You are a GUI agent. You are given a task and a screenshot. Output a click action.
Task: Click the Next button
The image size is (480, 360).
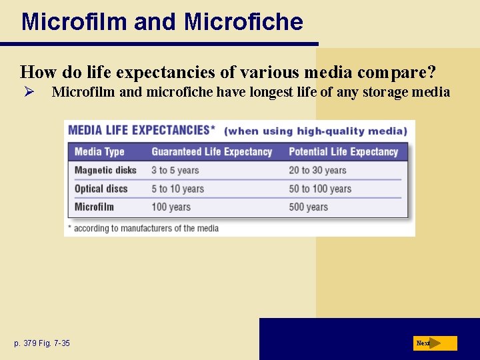click(435, 343)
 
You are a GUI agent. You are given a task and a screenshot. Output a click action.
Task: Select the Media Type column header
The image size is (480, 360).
click(99, 152)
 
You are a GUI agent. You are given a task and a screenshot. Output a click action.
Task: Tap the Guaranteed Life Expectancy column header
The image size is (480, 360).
click(211, 152)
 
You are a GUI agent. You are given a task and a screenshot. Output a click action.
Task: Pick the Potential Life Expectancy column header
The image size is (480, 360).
click(343, 152)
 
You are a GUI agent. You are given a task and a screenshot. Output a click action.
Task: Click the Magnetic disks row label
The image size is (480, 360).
click(105, 171)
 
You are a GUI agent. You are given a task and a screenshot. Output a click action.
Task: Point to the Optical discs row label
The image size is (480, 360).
click(101, 189)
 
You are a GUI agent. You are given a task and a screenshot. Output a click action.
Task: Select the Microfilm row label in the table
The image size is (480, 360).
click(94, 207)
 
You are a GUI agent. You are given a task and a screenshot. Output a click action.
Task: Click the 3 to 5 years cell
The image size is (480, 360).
click(175, 171)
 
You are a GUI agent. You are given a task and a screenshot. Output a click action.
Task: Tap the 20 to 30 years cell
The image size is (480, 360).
click(317, 171)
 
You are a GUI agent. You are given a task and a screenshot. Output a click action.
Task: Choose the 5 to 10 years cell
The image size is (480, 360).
click(177, 189)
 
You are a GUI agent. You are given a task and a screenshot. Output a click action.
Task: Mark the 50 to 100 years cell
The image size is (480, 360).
click(319, 189)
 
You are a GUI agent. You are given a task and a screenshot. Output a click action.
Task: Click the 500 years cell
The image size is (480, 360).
click(308, 207)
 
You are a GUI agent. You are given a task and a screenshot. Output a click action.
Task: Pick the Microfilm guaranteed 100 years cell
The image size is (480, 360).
click(171, 207)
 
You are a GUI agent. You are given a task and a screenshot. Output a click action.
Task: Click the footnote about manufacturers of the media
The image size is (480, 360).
click(143, 228)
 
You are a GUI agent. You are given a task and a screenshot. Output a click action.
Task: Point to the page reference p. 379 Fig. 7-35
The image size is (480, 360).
click(42, 343)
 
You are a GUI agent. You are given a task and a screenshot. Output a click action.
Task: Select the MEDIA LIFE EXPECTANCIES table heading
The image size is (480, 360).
click(141, 130)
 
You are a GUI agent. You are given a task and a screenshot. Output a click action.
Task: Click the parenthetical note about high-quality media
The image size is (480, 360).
click(315, 131)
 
